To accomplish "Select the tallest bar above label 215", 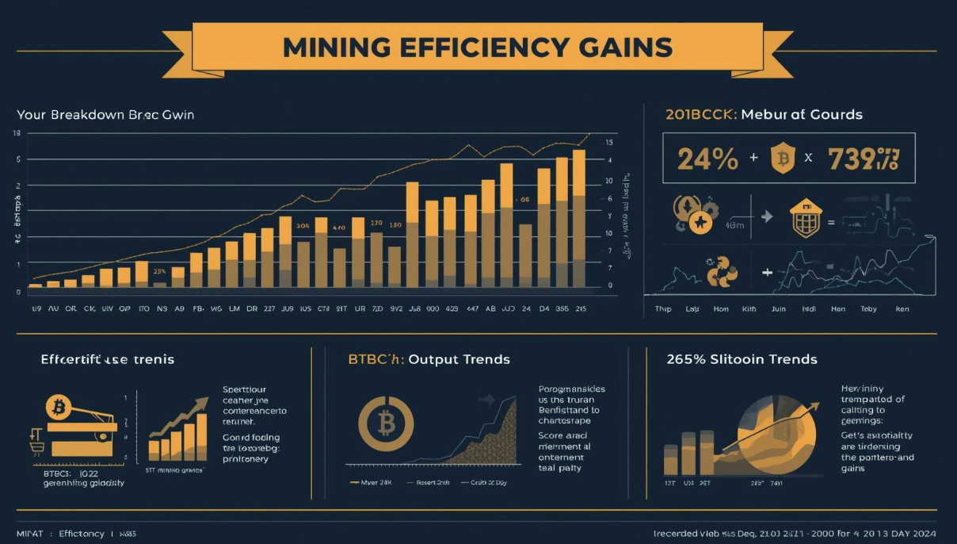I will click(x=579, y=218).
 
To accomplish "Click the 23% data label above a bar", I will click(x=160, y=271).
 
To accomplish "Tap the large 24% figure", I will click(x=707, y=159).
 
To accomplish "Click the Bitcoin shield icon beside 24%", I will click(x=783, y=158).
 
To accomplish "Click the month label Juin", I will click(x=778, y=309).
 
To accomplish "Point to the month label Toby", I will click(x=868, y=309).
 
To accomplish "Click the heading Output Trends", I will click(x=459, y=359).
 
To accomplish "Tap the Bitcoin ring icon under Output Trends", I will click(x=386, y=424).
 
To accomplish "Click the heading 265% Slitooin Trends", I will click(x=742, y=359).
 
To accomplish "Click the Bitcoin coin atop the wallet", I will click(x=58, y=408).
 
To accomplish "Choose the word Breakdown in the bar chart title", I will click(x=88, y=114).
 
